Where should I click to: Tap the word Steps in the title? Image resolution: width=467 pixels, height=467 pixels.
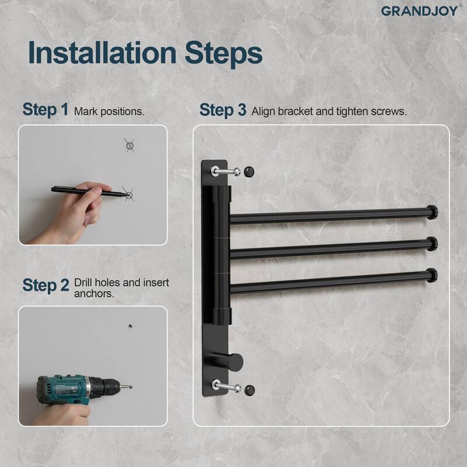point(221,53)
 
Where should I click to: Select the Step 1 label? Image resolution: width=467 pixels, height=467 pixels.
point(46,110)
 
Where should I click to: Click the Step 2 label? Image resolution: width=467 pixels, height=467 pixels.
point(46,285)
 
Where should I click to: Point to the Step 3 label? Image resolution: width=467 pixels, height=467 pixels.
point(222,110)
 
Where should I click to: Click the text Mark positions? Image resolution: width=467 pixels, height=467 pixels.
point(109,111)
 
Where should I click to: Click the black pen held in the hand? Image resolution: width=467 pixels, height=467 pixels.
point(88,190)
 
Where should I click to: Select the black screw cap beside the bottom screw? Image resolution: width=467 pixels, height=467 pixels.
point(249,388)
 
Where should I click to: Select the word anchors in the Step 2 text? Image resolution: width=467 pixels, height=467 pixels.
point(93,294)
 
